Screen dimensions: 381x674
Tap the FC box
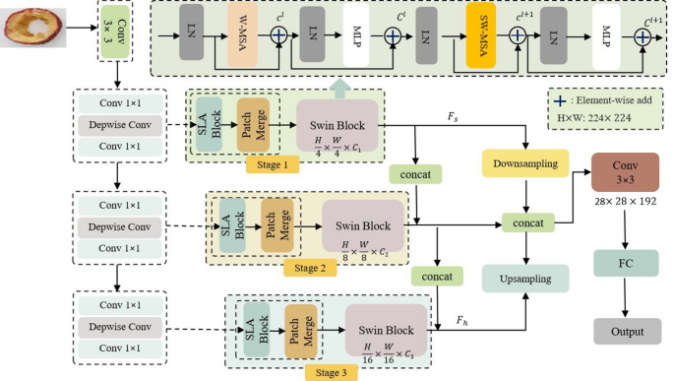[x=625, y=265]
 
